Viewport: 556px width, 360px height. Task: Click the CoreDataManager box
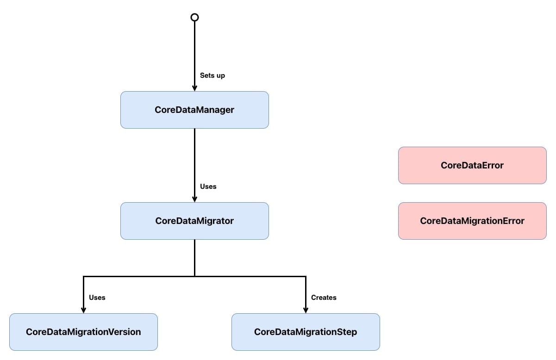click(194, 110)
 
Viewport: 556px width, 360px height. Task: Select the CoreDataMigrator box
click(194, 221)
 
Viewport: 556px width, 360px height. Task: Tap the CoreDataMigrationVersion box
click(83, 332)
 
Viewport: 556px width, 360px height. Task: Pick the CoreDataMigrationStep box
click(306, 332)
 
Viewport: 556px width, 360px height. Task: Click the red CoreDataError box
click(472, 165)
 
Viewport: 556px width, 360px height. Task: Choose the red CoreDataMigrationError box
click(472, 221)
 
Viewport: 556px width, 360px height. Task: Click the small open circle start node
click(194, 17)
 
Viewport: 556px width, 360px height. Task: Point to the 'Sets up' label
click(212, 75)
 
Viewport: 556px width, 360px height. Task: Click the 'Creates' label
click(324, 298)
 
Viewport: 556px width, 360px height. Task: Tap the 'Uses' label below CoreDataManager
click(208, 186)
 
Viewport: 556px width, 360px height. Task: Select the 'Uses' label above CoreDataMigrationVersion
click(97, 298)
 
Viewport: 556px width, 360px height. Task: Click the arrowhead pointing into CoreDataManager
click(194, 88)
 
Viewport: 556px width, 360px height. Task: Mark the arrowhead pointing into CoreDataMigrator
click(194, 199)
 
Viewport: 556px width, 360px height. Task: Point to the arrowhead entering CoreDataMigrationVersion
click(83, 310)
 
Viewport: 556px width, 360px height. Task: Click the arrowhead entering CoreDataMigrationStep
click(306, 310)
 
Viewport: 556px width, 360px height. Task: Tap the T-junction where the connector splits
click(194, 276)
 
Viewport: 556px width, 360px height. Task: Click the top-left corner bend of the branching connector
click(83, 276)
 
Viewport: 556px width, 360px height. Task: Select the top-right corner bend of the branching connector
click(306, 276)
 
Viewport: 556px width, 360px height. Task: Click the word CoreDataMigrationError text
click(472, 221)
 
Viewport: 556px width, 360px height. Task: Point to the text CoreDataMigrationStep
click(306, 332)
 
